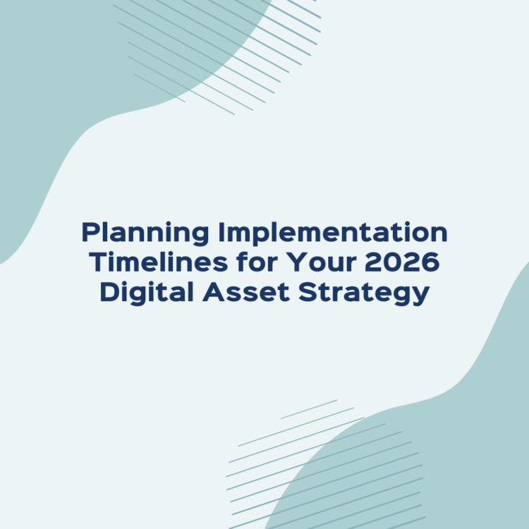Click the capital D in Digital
click(109, 292)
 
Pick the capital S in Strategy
click(308, 292)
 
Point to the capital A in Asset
click(212, 292)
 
